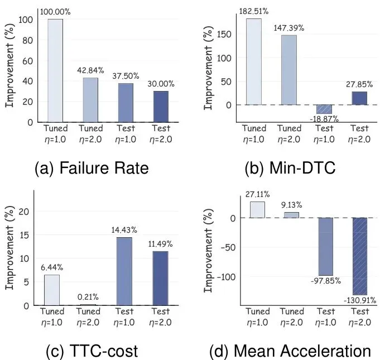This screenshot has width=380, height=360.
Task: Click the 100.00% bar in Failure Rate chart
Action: [x=55, y=70]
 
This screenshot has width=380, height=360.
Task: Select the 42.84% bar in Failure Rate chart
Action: [x=90, y=100]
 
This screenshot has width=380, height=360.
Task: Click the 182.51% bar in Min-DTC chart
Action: [x=254, y=62]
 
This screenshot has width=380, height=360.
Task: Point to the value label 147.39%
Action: [x=288, y=27]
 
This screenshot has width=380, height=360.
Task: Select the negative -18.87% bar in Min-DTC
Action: [x=324, y=109]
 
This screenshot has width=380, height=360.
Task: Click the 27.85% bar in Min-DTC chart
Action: [x=359, y=98]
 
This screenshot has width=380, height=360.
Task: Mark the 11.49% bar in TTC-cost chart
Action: [x=161, y=278]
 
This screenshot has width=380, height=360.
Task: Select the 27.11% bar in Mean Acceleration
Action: [x=257, y=209]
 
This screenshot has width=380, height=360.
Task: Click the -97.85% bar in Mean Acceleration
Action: [x=326, y=246]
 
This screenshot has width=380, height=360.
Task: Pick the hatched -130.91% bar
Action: [x=360, y=256]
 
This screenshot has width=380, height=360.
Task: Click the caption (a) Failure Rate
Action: [x=92, y=167]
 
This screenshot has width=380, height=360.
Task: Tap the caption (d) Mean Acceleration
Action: [x=290, y=351]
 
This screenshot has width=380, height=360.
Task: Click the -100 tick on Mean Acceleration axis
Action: [x=226, y=277]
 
